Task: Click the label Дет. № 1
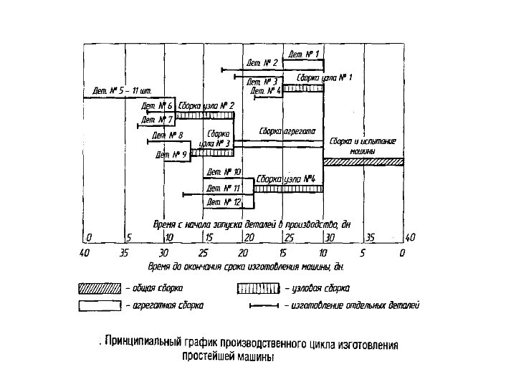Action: (304, 54)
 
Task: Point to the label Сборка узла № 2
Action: (206, 105)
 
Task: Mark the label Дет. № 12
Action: (224, 202)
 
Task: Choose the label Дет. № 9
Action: (173, 154)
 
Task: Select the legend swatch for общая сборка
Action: (99, 289)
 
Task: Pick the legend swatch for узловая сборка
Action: (259, 289)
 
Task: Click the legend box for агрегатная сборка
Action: (99, 305)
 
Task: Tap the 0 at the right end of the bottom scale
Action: (403, 253)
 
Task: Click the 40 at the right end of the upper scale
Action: (409, 237)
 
